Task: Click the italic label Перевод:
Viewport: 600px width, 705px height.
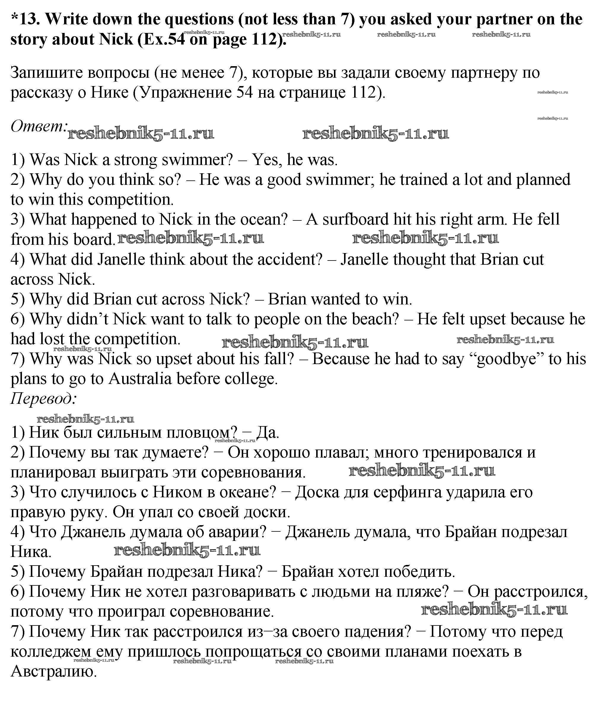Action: coord(44,398)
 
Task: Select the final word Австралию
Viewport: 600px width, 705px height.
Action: coord(54,671)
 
